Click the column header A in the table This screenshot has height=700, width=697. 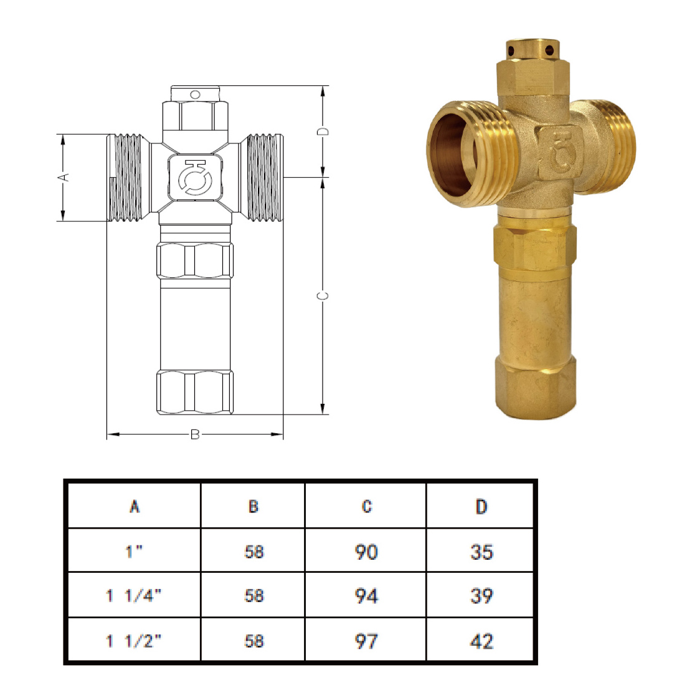point(135,507)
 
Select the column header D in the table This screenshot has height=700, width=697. point(481,507)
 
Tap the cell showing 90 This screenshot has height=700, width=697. point(366,552)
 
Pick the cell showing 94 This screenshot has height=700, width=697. point(366,596)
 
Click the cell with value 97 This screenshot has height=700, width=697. point(366,641)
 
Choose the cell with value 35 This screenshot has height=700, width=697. point(481,552)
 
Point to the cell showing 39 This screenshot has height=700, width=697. point(481,596)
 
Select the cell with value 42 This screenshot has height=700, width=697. point(481,641)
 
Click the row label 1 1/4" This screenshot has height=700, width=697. point(133,595)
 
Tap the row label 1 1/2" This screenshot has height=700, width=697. point(133,641)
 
